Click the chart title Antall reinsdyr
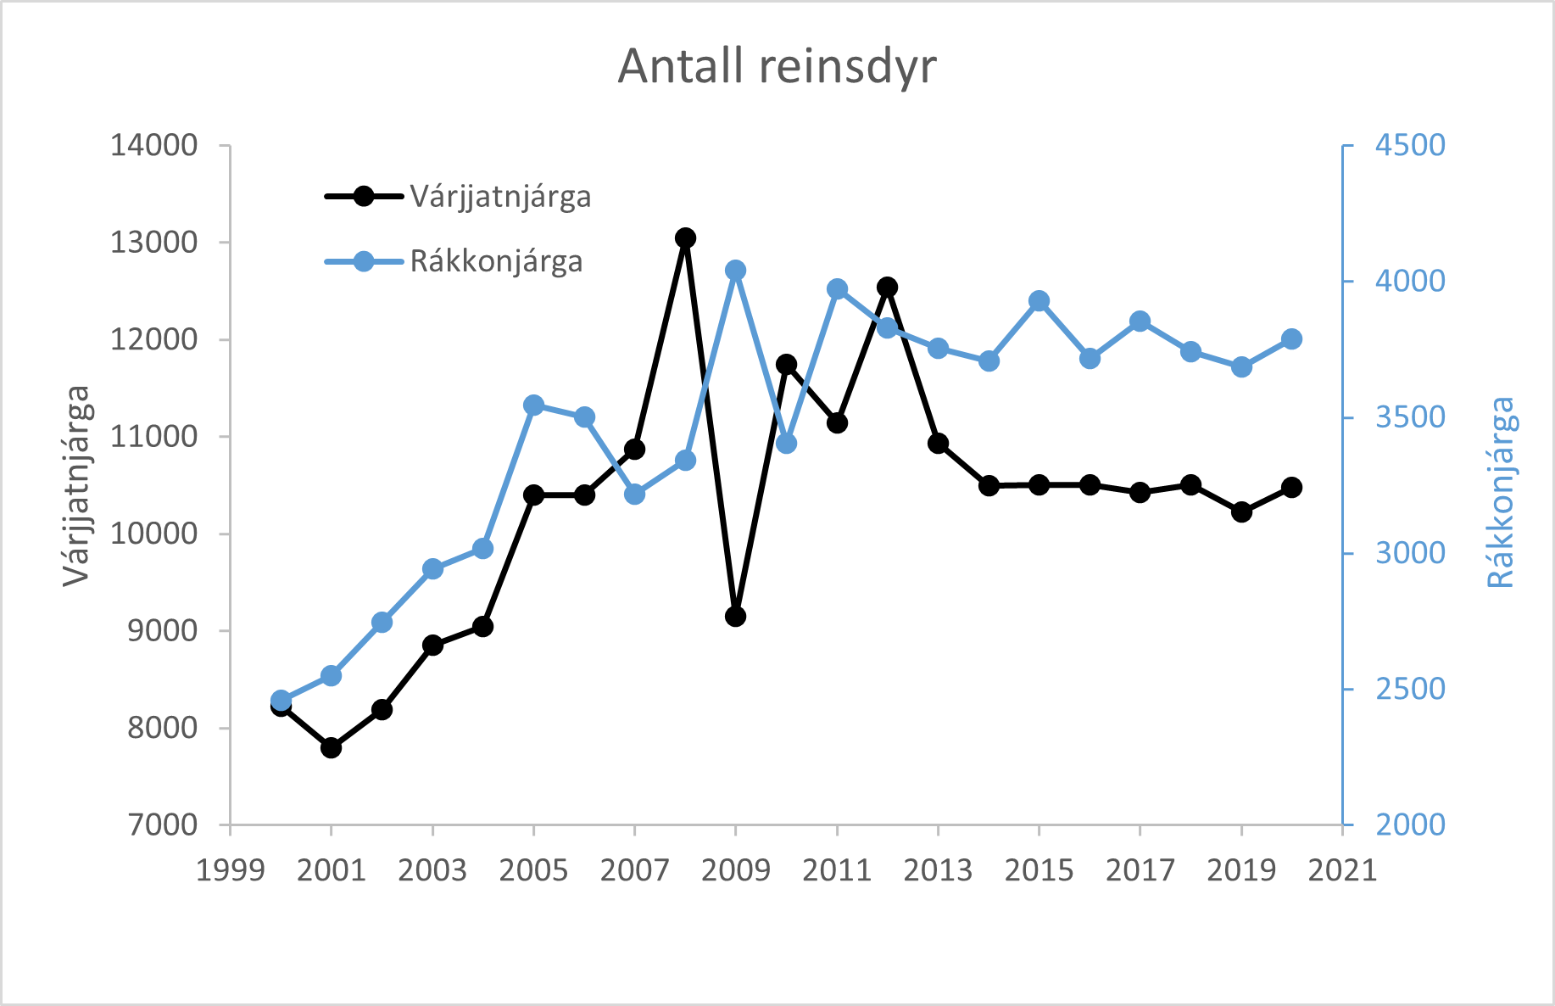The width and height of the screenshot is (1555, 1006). pyautogui.click(x=777, y=66)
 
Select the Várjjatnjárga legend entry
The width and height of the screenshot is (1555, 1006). pyautogui.click(x=458, y=197)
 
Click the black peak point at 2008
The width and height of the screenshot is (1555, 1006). pyautogui.click(x=685, y=238)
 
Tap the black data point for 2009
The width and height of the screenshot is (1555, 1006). pyautogui.click(x=735, y=616)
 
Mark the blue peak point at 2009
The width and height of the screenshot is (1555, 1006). pyautogui.click(x=735, y=271)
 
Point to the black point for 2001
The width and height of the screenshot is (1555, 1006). pyautogui.click(x=331, y=747)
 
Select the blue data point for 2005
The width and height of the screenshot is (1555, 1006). pyautogui.click(x=533, y=405)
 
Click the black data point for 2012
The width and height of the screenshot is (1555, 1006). pyautogui.click(x=887, y=287)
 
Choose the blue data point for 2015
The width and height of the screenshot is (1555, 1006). pyautogui.click(x=1039, y=301)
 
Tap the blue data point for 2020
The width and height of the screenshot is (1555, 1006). pyautogui.click(x=1291, y=339)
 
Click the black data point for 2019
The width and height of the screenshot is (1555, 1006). pyautogui.click(x=1241, y=511)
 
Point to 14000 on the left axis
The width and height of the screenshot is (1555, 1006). pyautogui.click(x=153, y=145)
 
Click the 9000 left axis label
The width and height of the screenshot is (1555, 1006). pyautogui.click(x=162, y=630)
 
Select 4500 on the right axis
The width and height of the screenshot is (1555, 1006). pyautogui.click(x=1410, y=145)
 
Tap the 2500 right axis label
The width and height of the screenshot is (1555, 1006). pyautogui.click(x=1410, y=689)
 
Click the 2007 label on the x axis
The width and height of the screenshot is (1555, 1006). pyautogui.click(x=634, y=870)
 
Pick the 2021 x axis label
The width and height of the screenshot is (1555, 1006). pyautogui.click(x=1342, y=870)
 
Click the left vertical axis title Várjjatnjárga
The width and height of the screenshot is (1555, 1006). pyautogui.click(x=75, y=485)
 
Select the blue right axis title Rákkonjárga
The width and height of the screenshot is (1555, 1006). pyautogui.click(x=1501, y=492)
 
